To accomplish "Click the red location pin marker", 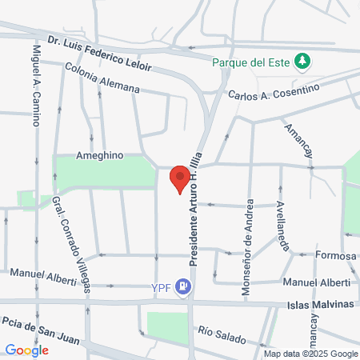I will point(180,178).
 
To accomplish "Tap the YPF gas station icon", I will point(185,284).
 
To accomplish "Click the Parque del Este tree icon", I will point(302,61).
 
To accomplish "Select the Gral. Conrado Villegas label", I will point(70,243).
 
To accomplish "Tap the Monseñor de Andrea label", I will point(248,248).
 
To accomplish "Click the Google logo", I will point(26,350).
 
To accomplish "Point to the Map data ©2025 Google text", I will point(311,354).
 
